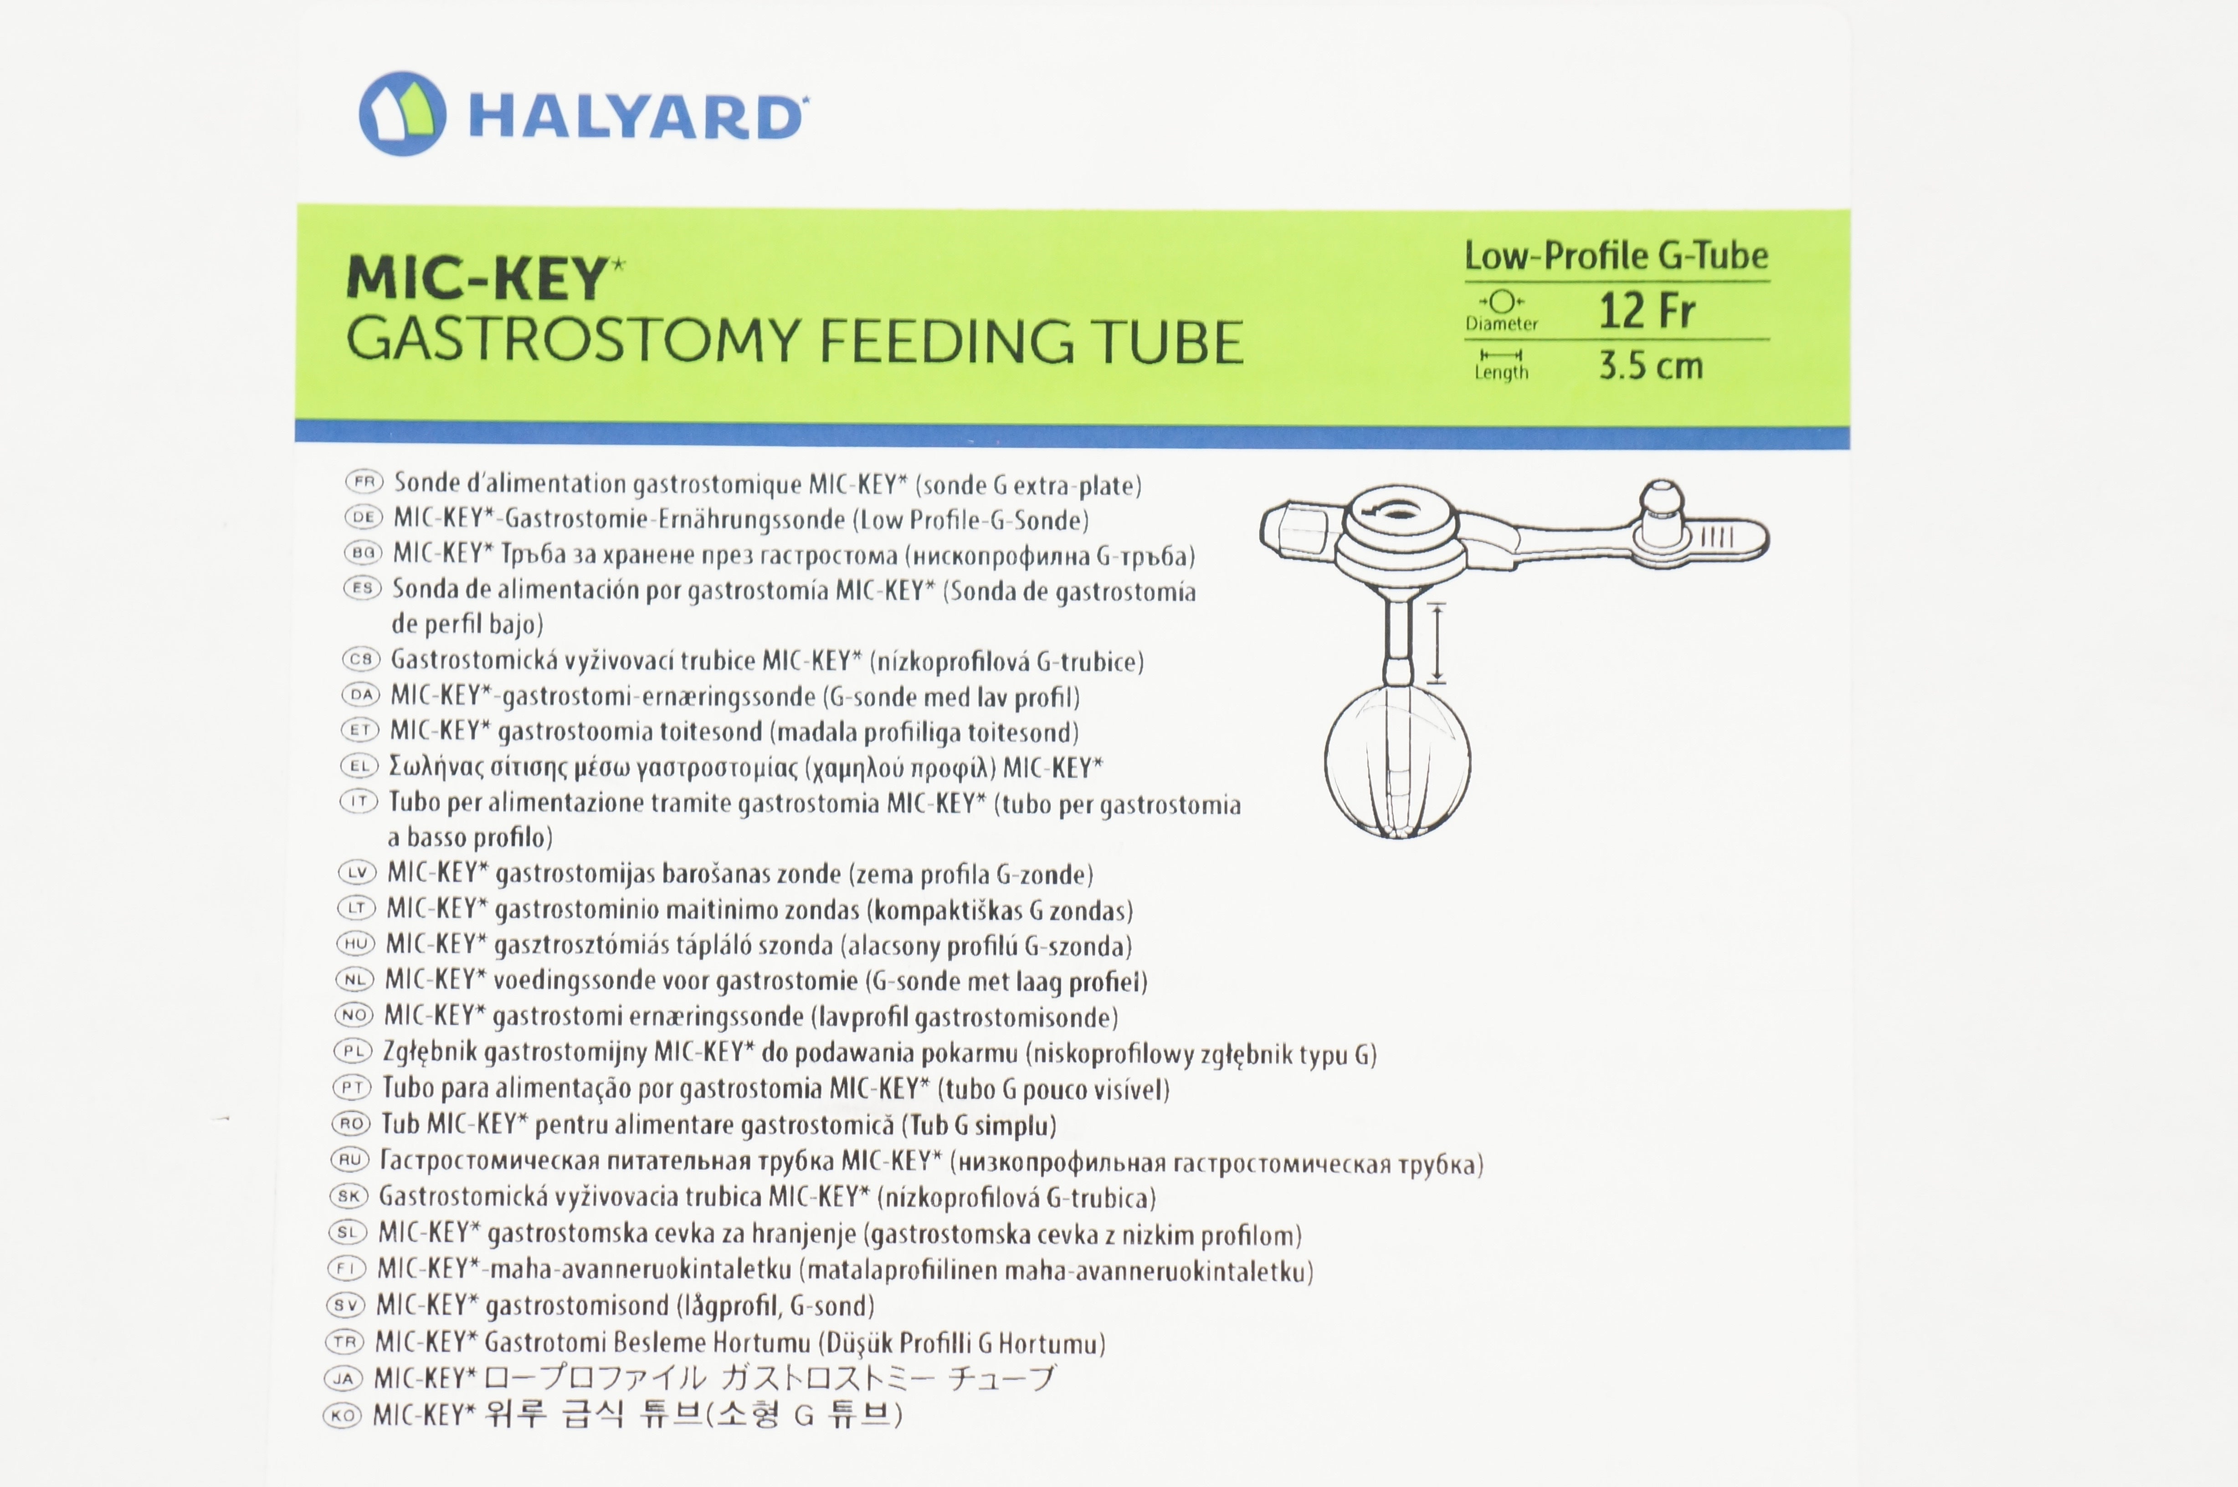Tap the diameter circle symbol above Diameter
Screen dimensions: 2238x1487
1501,302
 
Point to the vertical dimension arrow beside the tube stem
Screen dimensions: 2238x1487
1437,643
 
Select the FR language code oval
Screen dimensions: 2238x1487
363,482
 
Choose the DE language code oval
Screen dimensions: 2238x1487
362,518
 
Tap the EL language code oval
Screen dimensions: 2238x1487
359,766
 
